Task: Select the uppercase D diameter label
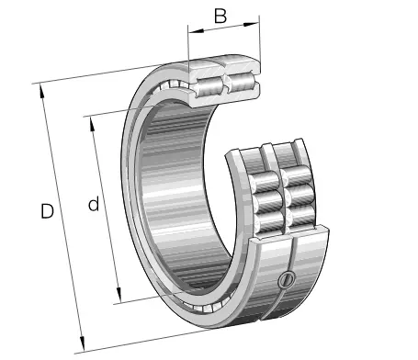pyautogui.click(x=47, y=211)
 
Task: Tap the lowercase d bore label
pyautogui.click(x=93, y=205)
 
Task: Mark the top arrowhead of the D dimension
pyautogui.click(x=43, y=87)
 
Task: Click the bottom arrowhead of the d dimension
pyautogui.click(x=118, y=298)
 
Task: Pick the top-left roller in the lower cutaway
pyautogui.click(x=268, y=177)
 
